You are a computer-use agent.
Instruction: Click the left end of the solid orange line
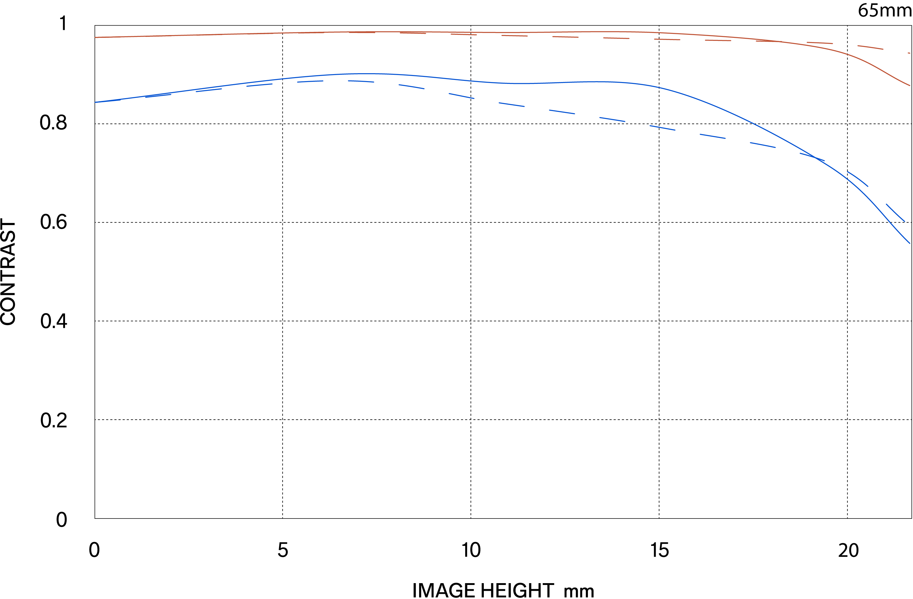(x=96, y=37)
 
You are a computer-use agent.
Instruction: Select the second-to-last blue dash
(x=858, y=179)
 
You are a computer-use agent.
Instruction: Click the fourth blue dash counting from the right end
(x=763, y=145)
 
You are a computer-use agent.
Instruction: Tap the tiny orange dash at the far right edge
(x=909, y=53)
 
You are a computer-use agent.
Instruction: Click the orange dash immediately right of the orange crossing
(x=819, y=43)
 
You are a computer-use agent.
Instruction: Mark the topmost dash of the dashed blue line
(x=360, y=81)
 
